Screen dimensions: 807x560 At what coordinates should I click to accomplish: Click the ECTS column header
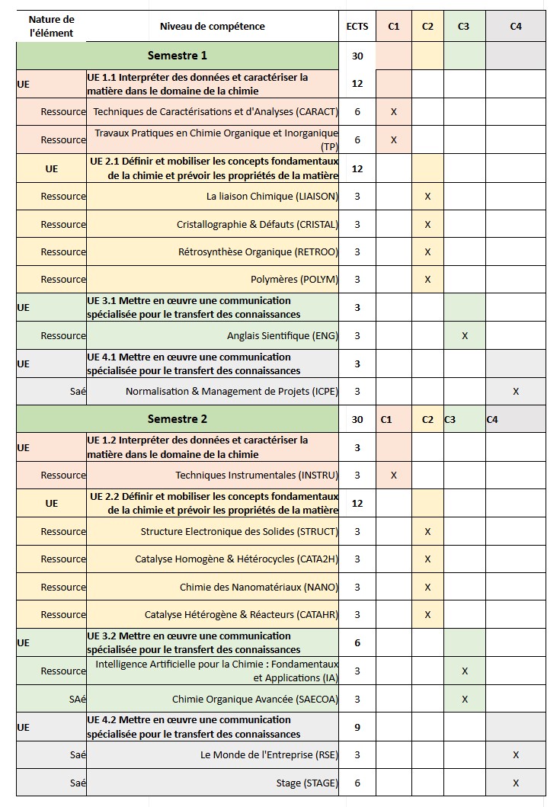point(357,26)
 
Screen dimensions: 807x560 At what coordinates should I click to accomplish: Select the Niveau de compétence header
point(213,26)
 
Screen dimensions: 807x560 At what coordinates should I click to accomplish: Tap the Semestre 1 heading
point(177,56)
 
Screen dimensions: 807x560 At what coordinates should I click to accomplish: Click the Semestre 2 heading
point(177,419)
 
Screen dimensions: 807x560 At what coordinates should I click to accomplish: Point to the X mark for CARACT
point(393,112)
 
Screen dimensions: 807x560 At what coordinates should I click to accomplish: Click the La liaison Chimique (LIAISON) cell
point(272,196)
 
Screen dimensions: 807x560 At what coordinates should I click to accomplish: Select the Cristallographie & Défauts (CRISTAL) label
point(258,224)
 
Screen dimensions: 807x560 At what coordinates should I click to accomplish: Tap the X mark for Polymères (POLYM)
point(427,280)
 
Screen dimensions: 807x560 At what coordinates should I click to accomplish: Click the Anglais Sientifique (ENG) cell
point(283,335)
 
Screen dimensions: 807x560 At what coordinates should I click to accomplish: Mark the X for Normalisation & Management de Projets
point(516,392)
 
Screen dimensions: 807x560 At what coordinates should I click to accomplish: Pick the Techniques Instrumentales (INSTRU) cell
point(257,475)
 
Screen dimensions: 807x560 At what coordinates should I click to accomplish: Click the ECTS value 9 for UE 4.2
point(357,727)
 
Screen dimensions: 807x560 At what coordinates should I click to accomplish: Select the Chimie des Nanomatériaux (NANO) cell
point(259,587)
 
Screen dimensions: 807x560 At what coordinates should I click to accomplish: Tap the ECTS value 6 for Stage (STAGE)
point(357,783)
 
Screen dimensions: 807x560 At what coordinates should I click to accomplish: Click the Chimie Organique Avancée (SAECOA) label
point(255,699)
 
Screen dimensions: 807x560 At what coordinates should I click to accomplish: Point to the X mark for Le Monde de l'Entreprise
point(516,755)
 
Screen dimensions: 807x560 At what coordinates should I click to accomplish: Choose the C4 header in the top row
point(516,26)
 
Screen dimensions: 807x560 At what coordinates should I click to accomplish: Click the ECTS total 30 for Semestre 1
point(357,56)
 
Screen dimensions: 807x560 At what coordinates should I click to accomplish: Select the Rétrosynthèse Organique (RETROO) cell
point(258,251)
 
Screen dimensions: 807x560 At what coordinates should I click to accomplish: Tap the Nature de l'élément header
point(51,26)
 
